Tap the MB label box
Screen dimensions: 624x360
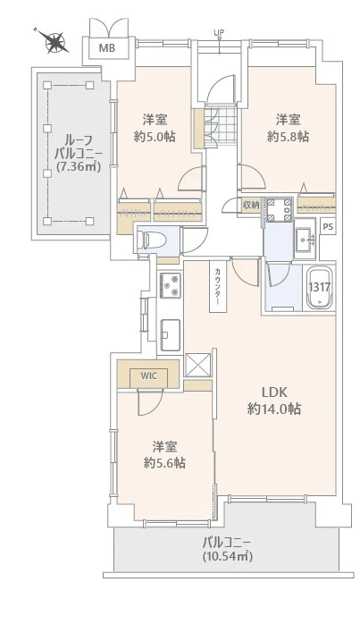(x=106, y=47)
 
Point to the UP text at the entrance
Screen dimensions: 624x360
(x=219, y=34)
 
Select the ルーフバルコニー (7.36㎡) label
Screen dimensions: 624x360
(x=70, y=153)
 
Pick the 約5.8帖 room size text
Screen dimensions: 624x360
(x=288, y=136)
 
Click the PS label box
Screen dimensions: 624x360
(x=328, y=228)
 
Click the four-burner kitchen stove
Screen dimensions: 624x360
(x=169, y=286)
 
